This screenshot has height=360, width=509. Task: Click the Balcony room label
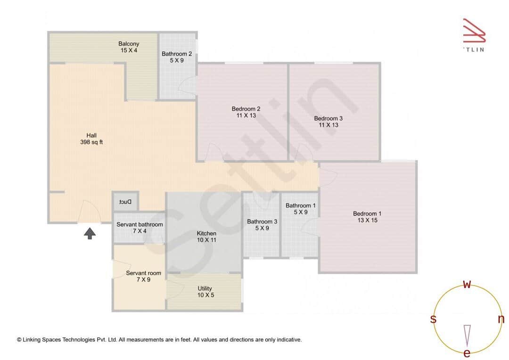coord(129,47)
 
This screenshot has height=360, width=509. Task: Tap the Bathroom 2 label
coord(176,57)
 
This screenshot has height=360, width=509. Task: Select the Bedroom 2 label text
coord(246,112)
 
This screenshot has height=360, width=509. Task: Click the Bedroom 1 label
coord(367,217)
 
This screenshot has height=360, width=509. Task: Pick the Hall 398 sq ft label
coord(91,139)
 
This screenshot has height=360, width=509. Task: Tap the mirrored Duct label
coord(125,202)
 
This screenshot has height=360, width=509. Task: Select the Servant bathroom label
coord(140,228)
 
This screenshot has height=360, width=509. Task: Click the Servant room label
coord(143,276)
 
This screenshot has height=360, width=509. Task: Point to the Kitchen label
coord(206,237)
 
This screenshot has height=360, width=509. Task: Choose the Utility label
coord(205,292)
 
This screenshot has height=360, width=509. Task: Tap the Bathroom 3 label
coord(262,225)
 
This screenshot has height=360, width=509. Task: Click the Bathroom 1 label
coord(300,209)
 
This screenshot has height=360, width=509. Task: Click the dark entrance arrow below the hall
coord(90,233)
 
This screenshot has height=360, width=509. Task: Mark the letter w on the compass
coord(467,285)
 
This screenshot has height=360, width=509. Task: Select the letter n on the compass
coord(501,319)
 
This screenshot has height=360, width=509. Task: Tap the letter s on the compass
coord(433,319)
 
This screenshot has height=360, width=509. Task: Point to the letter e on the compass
coord(467,353)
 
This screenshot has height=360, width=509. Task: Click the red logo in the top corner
coord(473,31)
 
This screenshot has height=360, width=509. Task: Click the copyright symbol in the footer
coord(19,339)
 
